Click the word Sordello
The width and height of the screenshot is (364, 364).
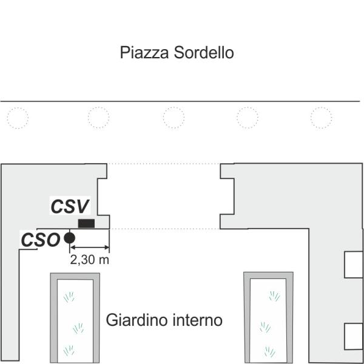(204, 52)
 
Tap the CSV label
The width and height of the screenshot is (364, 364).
(70, 206)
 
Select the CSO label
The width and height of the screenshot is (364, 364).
(41, 240)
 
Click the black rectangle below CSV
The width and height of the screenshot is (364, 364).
(86, 223)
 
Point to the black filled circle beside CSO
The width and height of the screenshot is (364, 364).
(69, 238)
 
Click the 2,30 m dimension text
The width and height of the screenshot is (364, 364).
(89, 260)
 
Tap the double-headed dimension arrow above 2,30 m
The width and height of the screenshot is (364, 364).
(90, 248)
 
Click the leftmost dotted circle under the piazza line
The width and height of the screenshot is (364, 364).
(18, 118)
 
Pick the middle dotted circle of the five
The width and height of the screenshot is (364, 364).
(174, 118)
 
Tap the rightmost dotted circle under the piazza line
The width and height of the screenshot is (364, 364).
(322, 118)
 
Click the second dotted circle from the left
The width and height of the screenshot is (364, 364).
(98, 118)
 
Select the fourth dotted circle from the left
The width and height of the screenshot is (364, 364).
(248, 118)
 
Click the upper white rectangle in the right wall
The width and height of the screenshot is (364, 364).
(354, 265)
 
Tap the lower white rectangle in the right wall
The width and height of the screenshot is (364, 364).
(354, 336)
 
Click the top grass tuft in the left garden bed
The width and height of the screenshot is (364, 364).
(69, 297)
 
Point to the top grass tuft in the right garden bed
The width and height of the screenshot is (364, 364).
(275, 296)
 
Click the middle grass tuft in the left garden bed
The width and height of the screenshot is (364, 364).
(78, 328)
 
